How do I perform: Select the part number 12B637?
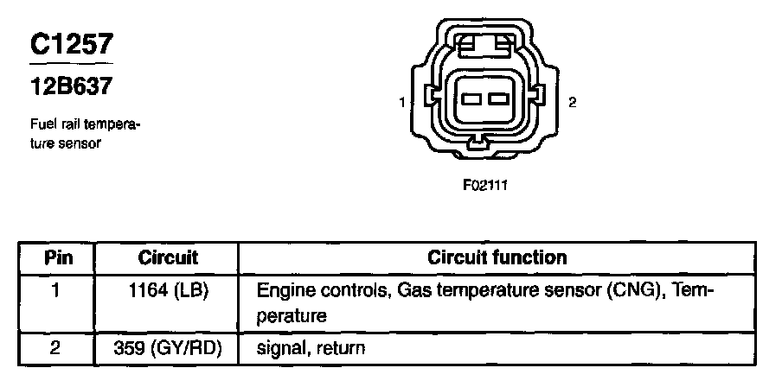click(x=69, y=87)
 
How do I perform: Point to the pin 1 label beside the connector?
click(x=403, y=103)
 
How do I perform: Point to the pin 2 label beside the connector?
click(x=572, y=103)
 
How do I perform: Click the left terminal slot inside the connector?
click(x=473, y=100)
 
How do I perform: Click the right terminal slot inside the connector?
click(x=497, y=100)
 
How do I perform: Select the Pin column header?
click(x=58, y=257)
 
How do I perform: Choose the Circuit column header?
click(x=168, y=257)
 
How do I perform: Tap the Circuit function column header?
click(x=497, y=257)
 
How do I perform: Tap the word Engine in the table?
click(x=283, y=291)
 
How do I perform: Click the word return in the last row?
click(x=340, y=349)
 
